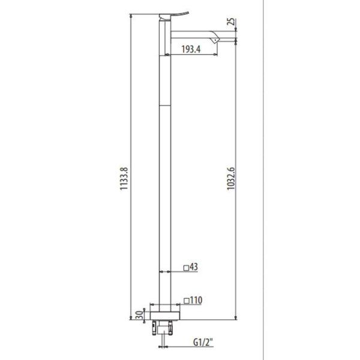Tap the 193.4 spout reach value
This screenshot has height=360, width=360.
191,50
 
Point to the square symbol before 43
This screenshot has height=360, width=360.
186,268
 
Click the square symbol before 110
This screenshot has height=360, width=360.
186,299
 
